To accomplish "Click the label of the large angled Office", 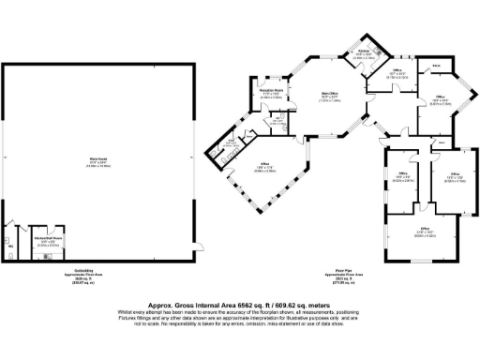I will click(263, 170).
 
